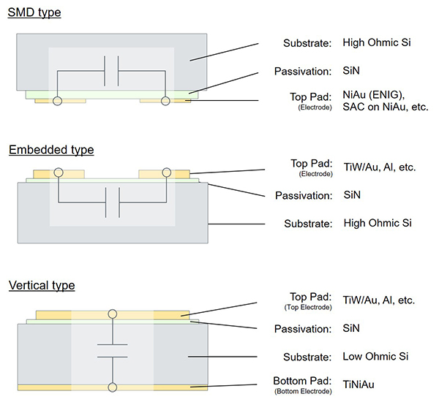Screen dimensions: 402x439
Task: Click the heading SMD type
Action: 34,12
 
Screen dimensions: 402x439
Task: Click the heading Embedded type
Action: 51,150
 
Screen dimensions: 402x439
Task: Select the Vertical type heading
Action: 42,284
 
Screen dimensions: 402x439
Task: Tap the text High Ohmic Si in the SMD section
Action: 377,42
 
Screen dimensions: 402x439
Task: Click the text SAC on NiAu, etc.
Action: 386,107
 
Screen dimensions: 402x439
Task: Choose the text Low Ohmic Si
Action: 376,357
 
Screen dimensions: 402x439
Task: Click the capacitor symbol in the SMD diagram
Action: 112,71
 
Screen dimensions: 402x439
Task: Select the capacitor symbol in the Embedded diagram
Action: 112,202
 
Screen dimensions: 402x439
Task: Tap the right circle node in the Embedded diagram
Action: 167,173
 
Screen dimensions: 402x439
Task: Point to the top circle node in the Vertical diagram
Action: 112,314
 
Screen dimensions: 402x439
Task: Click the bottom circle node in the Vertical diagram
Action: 112,385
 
